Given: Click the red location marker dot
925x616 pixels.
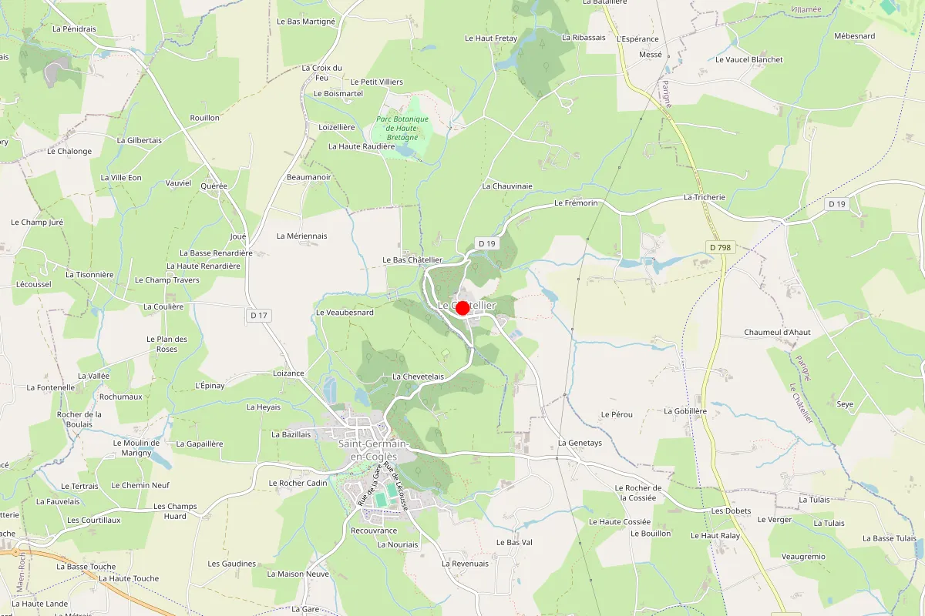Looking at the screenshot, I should [x=462, y=308].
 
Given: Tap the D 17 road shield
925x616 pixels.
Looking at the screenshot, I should [x=259, y=314].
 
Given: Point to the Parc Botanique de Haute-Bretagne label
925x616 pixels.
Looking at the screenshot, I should [x=402, y=128].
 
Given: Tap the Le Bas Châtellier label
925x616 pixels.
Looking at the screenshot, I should [x=412, y=260].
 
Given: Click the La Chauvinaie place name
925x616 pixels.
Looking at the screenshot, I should [x=507, y=186].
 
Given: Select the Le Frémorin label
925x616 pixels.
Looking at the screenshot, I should [x=576, y=203].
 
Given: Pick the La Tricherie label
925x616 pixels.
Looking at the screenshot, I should [x=705, y=197].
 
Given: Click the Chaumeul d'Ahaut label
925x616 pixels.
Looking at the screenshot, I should [x=777, y=332].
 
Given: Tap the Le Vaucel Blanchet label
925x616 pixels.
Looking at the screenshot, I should [x=748, y=59].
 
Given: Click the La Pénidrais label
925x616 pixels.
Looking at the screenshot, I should [x=74, y=28].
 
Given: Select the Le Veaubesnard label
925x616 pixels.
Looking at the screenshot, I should [x=345, y=313].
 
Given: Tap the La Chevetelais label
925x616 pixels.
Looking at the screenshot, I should [x=419, y=377].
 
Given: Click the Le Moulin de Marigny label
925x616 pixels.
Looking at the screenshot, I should [x=136, y=447].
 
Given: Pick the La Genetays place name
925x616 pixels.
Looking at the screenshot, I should [x=580, y=443].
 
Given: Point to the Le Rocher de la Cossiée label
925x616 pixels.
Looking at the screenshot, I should [x=638, y=493].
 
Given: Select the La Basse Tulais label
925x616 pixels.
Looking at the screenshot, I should [x=890, y=538].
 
